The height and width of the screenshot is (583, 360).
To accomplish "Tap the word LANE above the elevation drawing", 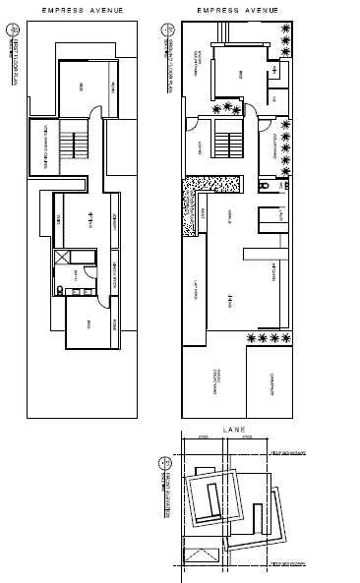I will coord(234,430).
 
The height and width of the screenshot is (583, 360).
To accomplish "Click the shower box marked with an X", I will coord(63,259).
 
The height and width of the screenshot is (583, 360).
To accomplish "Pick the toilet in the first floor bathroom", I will coord(60,289).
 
